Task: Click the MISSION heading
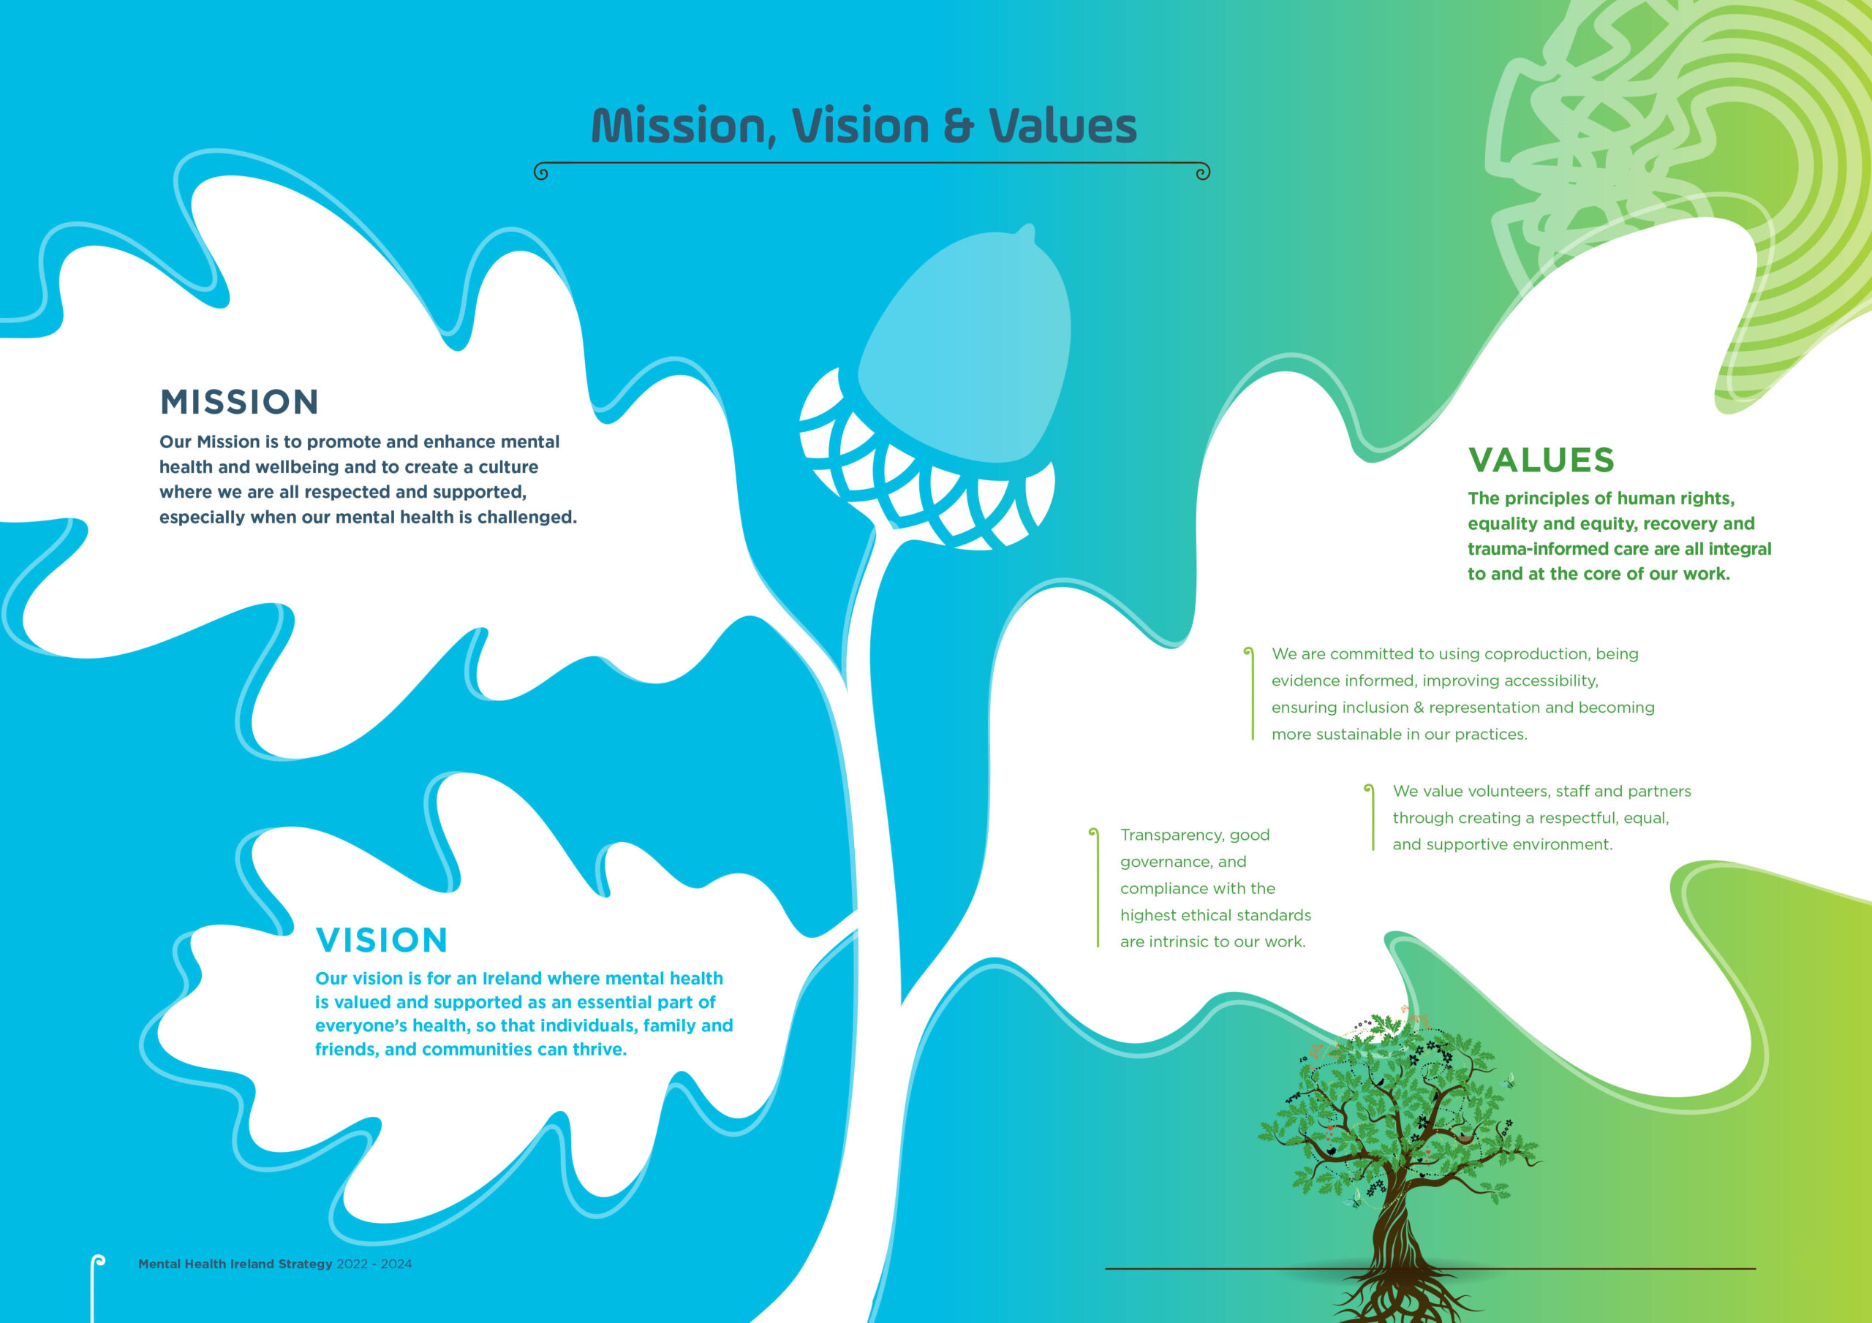(239, 402)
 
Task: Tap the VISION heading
(382, 940)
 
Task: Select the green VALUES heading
(1541, 460)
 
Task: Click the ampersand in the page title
(958, 127)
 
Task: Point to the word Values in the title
(1063, 126)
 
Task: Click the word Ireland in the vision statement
(513, 978)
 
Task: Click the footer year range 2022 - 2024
(374, 1264)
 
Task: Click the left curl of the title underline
(540, 172)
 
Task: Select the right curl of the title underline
(1203, 172)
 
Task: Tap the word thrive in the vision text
(600, 1049)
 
